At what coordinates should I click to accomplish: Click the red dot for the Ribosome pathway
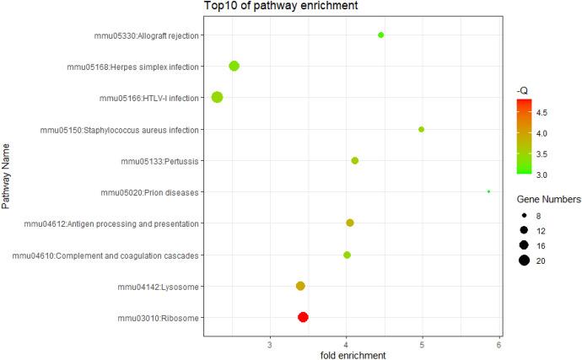[303, 317]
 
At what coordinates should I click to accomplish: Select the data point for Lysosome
[300, 286]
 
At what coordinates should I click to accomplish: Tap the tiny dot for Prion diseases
[488, 191]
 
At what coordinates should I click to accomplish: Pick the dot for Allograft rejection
[381, 35]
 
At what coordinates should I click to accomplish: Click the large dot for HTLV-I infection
[217, 97]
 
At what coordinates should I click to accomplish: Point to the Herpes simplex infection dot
[234, 66]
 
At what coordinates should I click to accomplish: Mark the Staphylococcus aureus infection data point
[421, 129]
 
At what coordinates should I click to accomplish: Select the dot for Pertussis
[354, 160]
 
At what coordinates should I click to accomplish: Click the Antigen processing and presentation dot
[350, 223]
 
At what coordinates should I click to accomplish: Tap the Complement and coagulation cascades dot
[347, 255]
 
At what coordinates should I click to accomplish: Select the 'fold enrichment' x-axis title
[353, 355]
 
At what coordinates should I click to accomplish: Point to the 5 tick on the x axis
[423, 344]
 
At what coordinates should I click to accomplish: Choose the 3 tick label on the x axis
[269, 344]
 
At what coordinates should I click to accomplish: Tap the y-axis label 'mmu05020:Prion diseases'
[149, 192]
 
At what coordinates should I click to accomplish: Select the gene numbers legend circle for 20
[524, 261]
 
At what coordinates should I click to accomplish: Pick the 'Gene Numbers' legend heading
[548, 200]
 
